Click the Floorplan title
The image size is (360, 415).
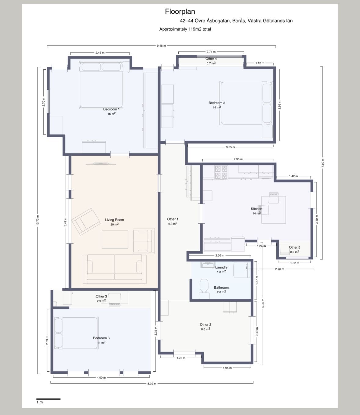(180, 12)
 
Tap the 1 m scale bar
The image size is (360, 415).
(49, 399)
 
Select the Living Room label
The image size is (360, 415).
(115, 220)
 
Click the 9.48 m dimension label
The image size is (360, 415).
(161, 46)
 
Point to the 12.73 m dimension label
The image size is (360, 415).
(38, 220)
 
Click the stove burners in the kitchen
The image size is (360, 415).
(221, 172)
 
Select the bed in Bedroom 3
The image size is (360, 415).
(76, 333)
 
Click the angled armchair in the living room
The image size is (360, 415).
(86, 222)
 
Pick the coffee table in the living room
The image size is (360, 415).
(115, 240)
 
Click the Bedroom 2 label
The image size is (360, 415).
(217, 103)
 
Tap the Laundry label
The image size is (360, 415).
(221, 267)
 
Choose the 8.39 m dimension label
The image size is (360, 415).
(152, 384)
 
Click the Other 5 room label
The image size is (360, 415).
(295, 247)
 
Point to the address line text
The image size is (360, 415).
(236, 21)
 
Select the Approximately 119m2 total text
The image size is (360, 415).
(185, 29)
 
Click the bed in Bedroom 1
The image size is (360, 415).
(101, 85)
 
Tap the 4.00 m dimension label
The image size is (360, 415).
(101, 378)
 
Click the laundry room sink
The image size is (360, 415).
(207, 265)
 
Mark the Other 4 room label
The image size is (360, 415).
(211, 59)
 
